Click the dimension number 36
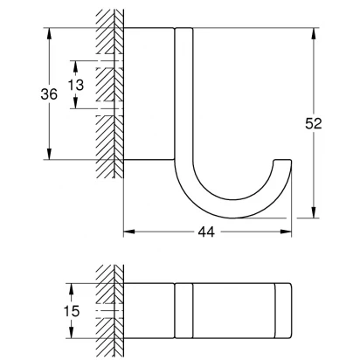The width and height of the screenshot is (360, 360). [x=49, y=94]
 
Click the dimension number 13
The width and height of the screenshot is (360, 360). [x=76, y=85]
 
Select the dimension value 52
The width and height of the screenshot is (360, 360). [x=314, y=123]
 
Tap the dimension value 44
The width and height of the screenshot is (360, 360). [x=206, y=232]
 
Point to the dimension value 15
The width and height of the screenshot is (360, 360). [x=72, y=311]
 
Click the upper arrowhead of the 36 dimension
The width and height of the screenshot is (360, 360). [x=49, y=33]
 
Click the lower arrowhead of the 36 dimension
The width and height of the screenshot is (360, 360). [x=49, y=154]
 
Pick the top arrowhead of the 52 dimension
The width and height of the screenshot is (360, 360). [x=314, y=33]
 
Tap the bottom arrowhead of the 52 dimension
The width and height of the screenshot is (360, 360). [x=314, y=212]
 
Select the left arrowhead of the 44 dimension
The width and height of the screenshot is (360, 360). [x=129, y=232]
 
